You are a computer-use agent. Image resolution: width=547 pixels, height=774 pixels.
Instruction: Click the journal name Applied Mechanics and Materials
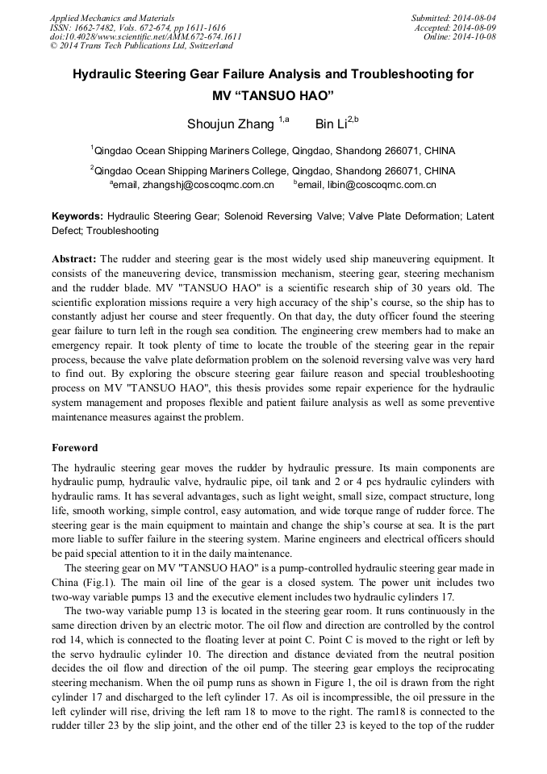pyautogui.click(x=112, y=18)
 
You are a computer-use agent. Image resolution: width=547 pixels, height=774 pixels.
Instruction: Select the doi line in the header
pyautogui.click(x=145, y=37)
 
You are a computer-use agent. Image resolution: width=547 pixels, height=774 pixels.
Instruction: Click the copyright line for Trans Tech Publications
pyautogui.click(x=141, y=46)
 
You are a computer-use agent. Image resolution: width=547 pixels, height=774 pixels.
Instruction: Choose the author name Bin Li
pyautogui.click(x=330, y=123)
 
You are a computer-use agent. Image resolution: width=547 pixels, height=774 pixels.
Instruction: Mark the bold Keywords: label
pyautogui.click(x=77, y=217)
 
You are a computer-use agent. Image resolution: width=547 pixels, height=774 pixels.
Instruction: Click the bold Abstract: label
pyautogui.click(x=74, y=259)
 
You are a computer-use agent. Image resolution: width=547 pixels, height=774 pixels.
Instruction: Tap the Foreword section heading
pyautogui.click(x=75, y=448)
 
